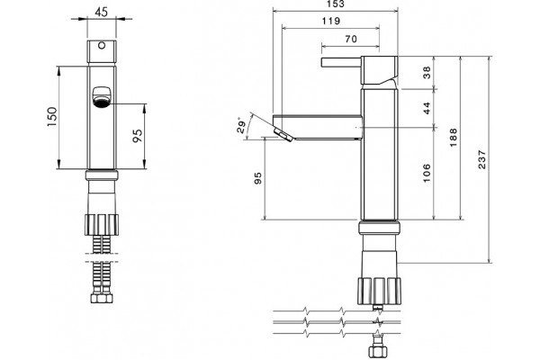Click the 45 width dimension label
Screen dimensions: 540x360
(101, 12)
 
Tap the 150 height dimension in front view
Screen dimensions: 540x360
(51, 117)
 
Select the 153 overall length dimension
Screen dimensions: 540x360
(335, 4)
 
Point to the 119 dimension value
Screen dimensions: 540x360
(331, 21)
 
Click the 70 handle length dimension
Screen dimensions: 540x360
(351, 40)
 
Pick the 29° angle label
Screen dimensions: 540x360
(241, 126)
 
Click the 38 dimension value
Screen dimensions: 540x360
(427, 72)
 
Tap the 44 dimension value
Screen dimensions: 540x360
(427, 108)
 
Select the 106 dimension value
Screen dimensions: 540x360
(427, 173)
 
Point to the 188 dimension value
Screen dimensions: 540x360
(454, 138)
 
